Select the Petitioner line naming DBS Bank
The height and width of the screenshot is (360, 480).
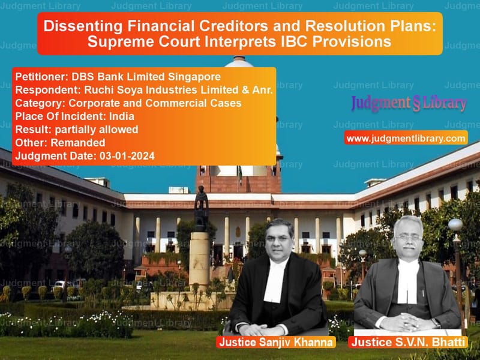[x=118, y=77]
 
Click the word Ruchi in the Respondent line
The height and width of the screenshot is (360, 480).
[x=97, y=90]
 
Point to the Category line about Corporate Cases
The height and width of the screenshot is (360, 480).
[x=128, y=103]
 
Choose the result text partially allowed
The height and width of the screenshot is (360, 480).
[x=97, y=130]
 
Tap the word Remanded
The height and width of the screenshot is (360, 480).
[x=78, y=143]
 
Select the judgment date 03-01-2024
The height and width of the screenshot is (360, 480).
[x=127, y=156]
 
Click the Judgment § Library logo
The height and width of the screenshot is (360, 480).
[x=409, y=103]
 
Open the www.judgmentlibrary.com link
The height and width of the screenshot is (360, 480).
[x=406, y=139]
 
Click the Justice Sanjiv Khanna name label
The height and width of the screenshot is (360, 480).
[x=276, y=342]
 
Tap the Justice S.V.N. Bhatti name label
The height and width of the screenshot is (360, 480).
[x=408, y=342]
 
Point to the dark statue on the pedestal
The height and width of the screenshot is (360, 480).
[x=201, y=208]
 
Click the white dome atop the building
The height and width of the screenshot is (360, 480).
[x=239, y=62]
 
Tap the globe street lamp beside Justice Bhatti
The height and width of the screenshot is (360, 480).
[x=455, y=224]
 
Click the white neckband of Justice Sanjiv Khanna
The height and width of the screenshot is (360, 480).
[x=275, y=281]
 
